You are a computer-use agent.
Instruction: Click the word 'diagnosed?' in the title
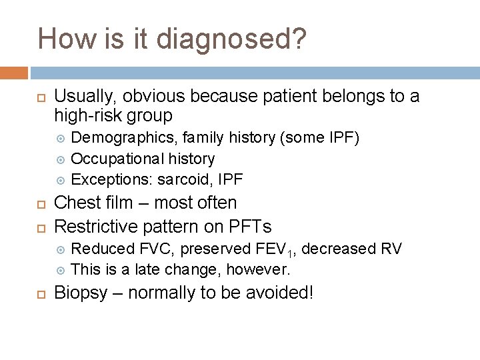[231, 39]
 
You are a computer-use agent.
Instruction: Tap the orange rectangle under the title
[14, 73]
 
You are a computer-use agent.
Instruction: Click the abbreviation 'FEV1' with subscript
[274, 249]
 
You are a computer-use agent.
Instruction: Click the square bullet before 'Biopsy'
[39, 293]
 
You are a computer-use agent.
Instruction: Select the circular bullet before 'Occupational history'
[61, 159]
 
